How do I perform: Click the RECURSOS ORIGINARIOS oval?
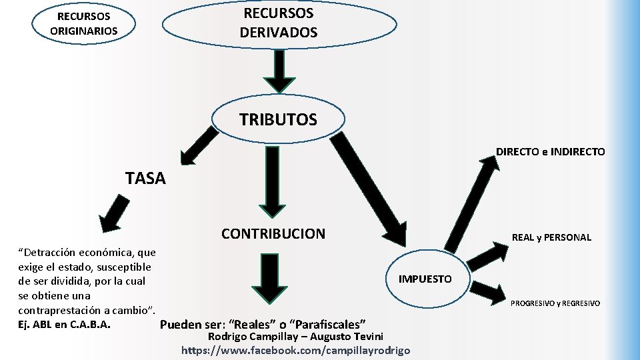[83, 23]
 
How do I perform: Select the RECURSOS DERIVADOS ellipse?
[279, 23]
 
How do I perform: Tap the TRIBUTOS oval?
[279, 120]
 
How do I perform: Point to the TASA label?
[145, 178]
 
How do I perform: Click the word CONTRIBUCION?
[273, 234]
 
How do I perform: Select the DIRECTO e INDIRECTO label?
[550, 152]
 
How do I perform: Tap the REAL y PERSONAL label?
[551, 237]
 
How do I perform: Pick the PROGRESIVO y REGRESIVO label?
[555, 303]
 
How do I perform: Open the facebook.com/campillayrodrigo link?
[296, 350]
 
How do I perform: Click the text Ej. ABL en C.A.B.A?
[64, 325]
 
